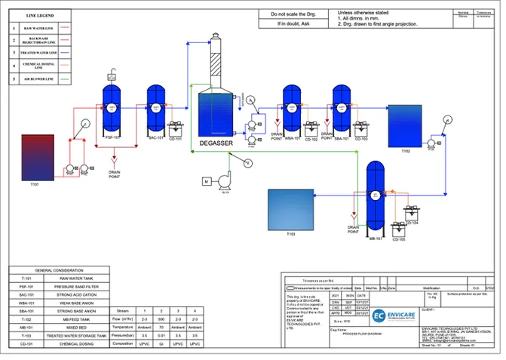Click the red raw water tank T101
(x=38, y=156)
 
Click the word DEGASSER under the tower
(x=216, y=143)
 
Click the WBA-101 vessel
(x=291, y=109)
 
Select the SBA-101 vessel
(x=341, y=109)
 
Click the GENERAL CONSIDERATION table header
(x=58, y=269)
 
